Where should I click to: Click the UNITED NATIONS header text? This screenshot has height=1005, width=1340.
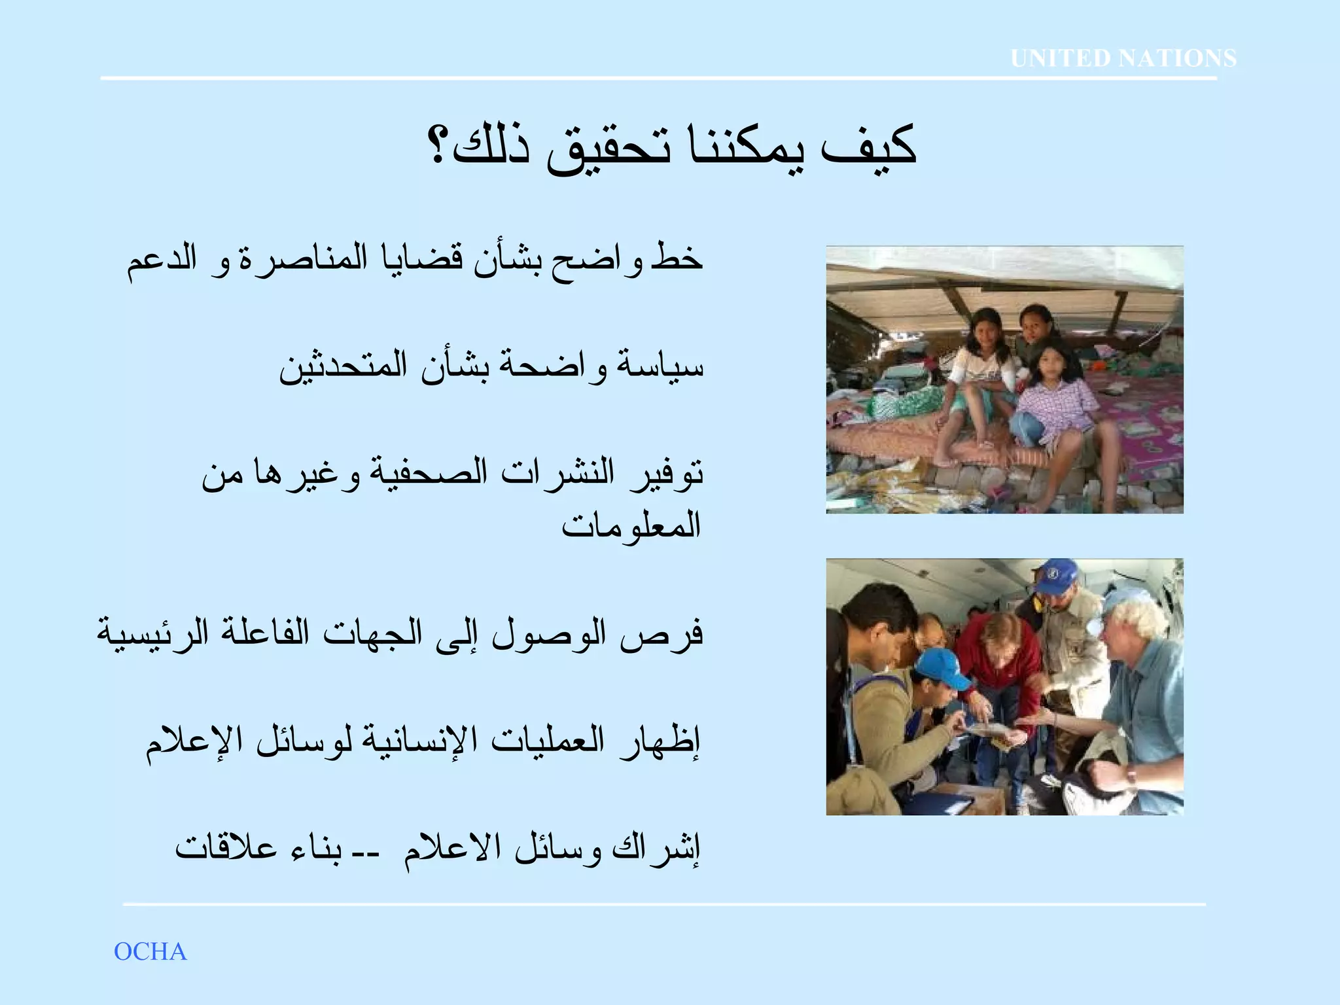pyautogui.click(x=1123, y=58)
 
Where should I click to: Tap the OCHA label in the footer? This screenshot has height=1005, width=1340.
pyautogui.click(x=150, y=952)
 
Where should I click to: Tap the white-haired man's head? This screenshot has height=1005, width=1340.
pyautogui.click(x=1132, y=615)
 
